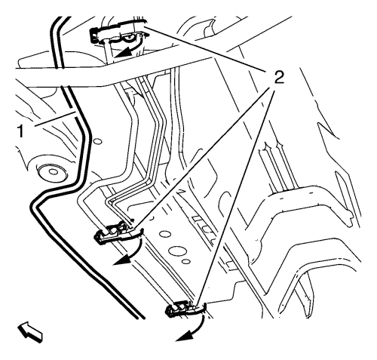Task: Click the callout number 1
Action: (20, 131)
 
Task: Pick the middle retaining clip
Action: (118, 232)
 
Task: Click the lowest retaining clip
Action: (185, 309)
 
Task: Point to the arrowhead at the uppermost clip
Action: (125, 53)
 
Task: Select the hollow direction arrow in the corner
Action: (30, 332)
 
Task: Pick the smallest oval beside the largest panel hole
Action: (185, 262)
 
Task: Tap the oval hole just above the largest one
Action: (164, 235)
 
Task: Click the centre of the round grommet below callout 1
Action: (53, 172)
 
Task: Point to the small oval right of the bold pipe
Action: (97, 141)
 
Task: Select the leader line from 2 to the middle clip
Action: (203, 154)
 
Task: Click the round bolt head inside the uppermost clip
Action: (130, 38)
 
